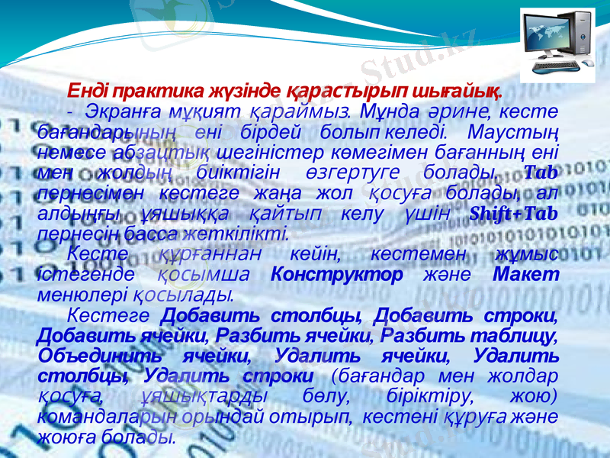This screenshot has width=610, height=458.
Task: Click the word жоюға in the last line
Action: [x=66, y=437]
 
